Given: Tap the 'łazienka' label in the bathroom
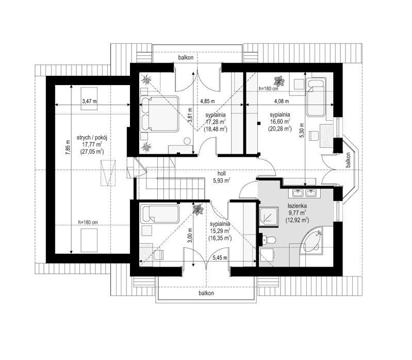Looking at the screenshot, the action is point(297,206).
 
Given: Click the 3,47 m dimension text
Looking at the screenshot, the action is point(89,101).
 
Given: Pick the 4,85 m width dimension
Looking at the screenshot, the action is point(208,101).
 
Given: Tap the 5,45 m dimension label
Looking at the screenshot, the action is point(220,258).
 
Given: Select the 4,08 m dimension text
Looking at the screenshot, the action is point(282,101).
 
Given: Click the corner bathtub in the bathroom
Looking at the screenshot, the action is point(312,241).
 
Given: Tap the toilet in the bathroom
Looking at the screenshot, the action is point(269,240).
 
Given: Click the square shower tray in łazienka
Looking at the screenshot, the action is point(269,217).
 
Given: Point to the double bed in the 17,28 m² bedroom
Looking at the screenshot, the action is point(159,114).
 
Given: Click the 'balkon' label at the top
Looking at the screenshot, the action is point(186,57).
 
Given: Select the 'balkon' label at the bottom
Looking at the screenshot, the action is point(206,293).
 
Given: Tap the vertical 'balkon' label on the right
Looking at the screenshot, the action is point(349,160).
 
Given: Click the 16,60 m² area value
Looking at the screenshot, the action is point(280,122).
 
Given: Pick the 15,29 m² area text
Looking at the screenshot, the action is point(220,231).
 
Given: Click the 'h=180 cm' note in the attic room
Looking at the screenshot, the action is point(88,222).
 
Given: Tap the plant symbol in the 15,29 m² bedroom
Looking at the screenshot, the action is point(198,209).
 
